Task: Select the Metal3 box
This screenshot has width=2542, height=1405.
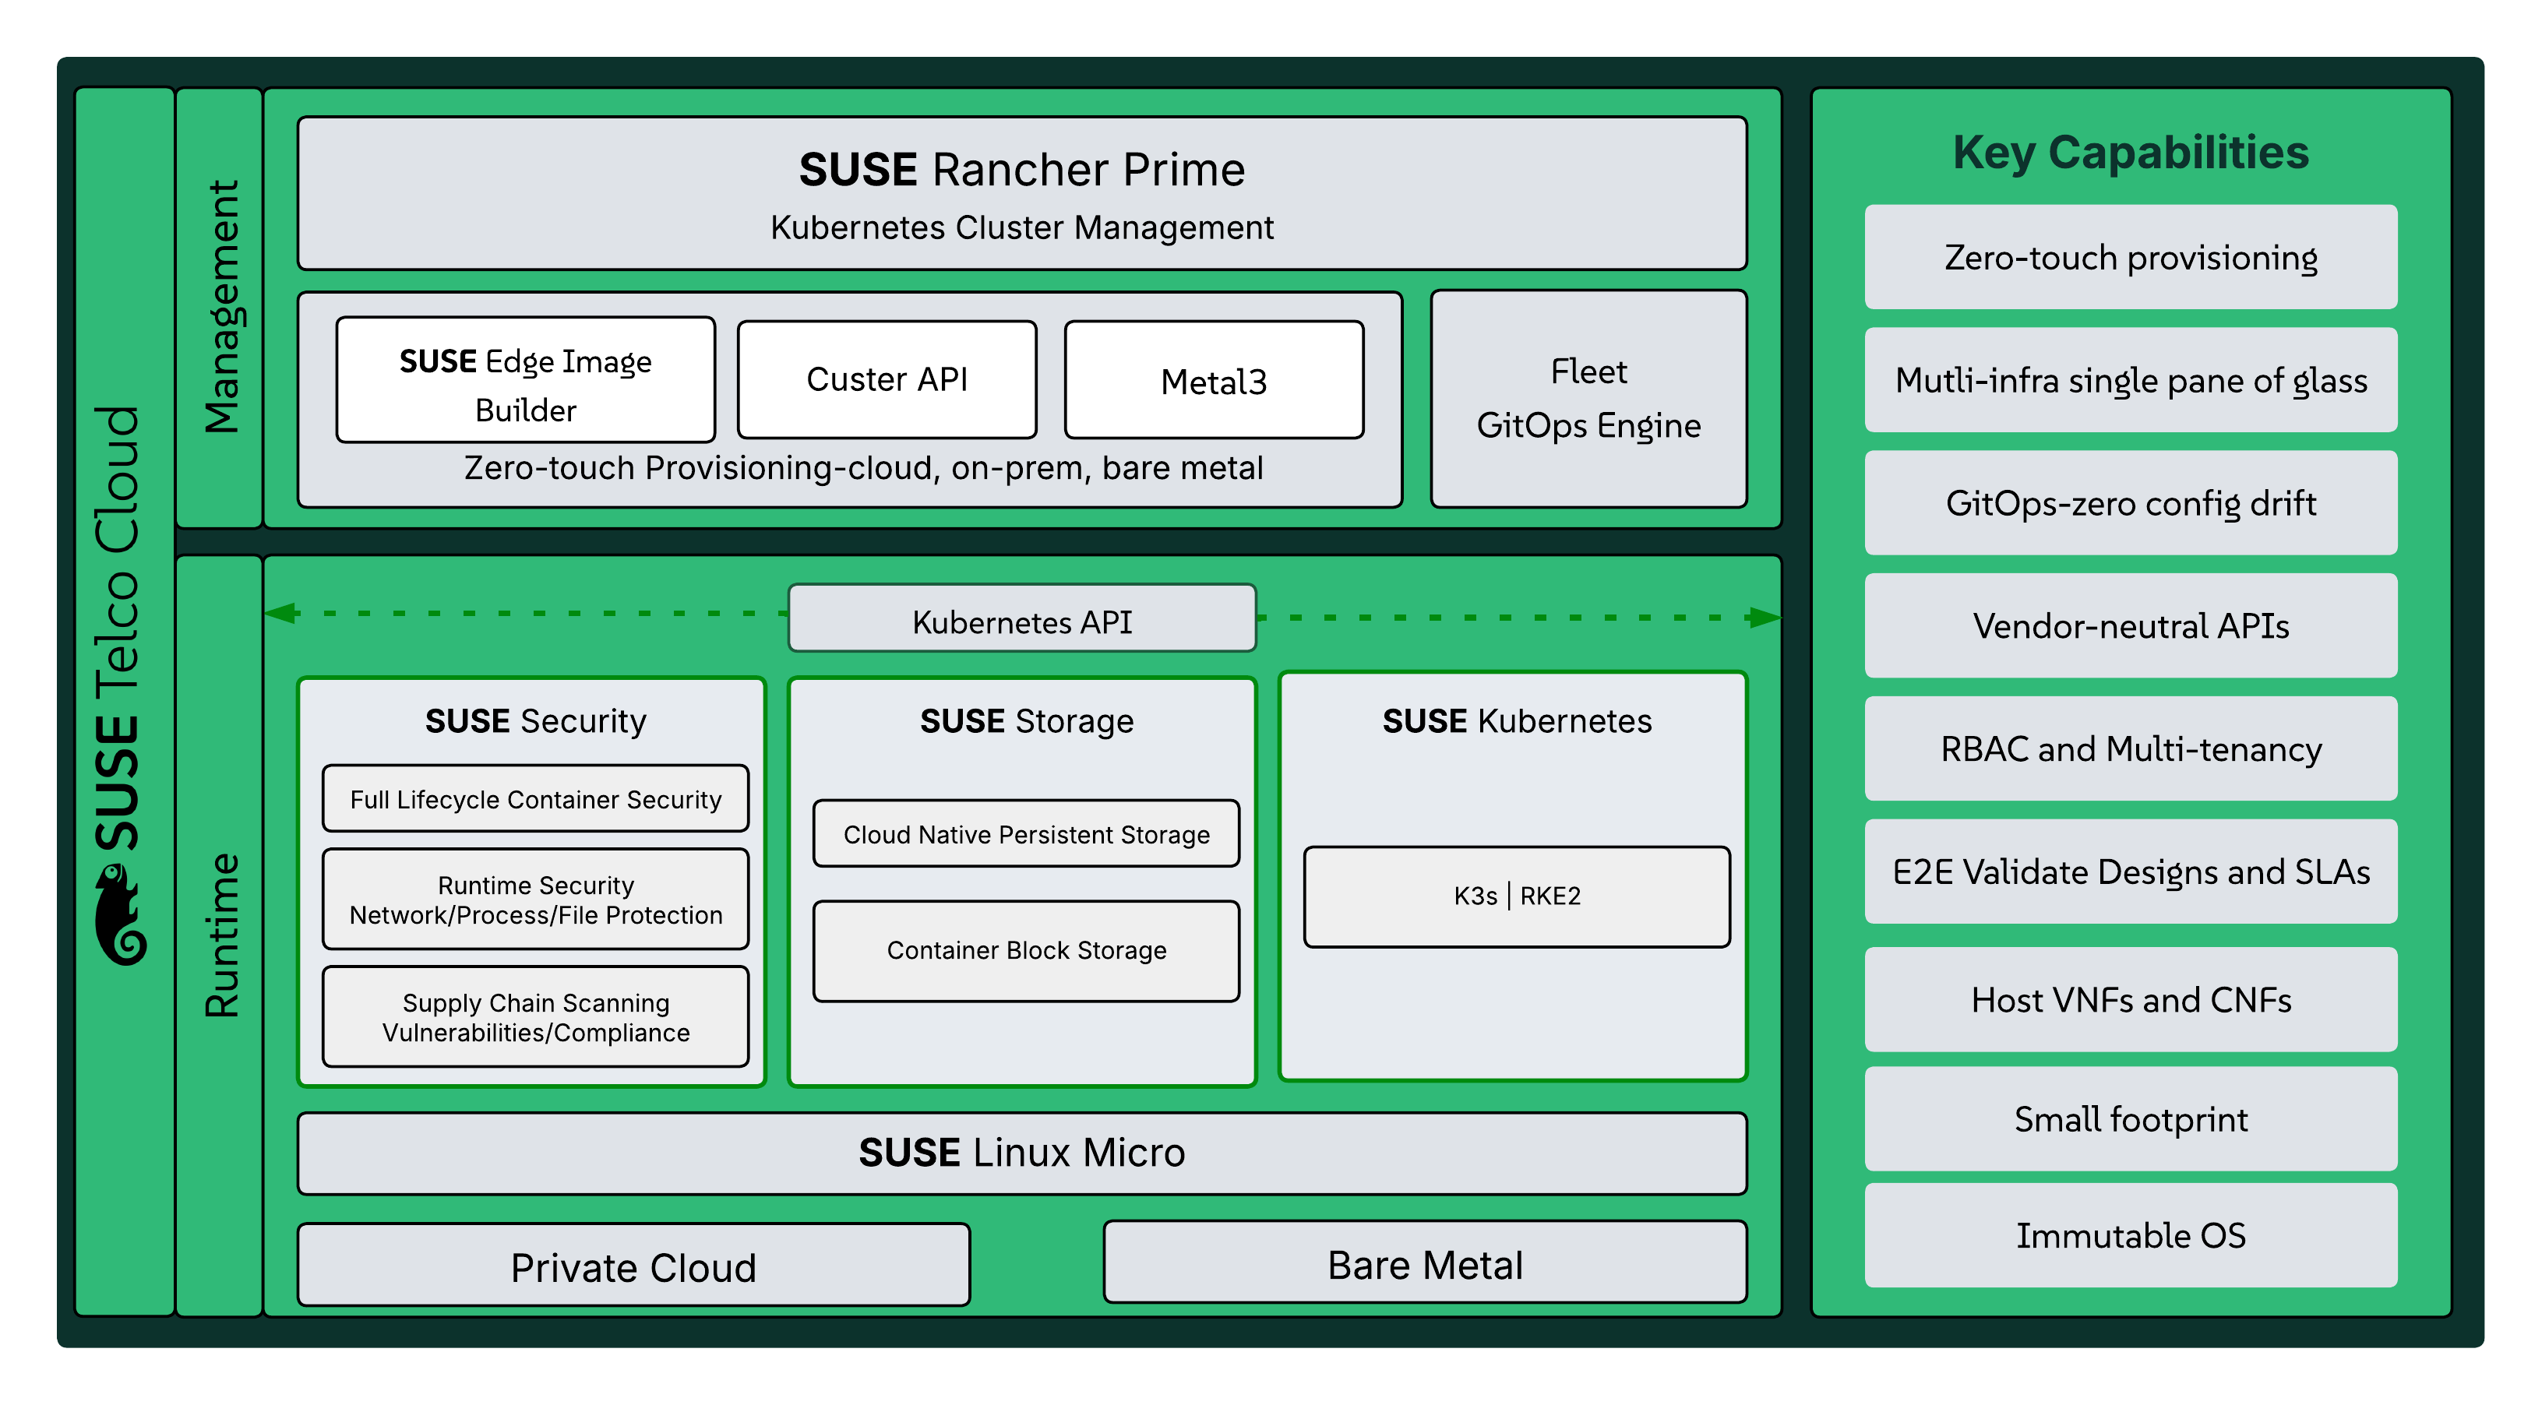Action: click(1214, 381)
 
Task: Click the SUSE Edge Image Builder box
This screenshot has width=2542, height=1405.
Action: click(525, 381)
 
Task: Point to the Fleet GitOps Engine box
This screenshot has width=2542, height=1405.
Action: click(1588, 399)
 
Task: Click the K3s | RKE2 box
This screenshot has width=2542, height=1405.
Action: click(1516, 896)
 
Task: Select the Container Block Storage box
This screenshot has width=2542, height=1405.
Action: click(1025, 950)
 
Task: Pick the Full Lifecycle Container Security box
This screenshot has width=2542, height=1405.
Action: click(535, 798)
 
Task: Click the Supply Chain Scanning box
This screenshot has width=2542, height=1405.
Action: click(535, 1016)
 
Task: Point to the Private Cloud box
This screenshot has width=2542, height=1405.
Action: click(633, 1266)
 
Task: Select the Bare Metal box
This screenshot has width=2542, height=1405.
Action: click(1424, 1264)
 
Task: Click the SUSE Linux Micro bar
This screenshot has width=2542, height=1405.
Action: click(1021, 1153)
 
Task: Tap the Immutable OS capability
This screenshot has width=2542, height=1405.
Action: click(2130, 1234)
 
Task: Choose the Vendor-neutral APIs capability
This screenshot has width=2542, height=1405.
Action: click(2130, 625)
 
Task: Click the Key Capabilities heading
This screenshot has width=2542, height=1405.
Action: click(2130, 152)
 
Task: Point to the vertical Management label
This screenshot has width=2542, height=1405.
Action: click(221, 306)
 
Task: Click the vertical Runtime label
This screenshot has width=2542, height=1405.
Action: click(221, 935)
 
